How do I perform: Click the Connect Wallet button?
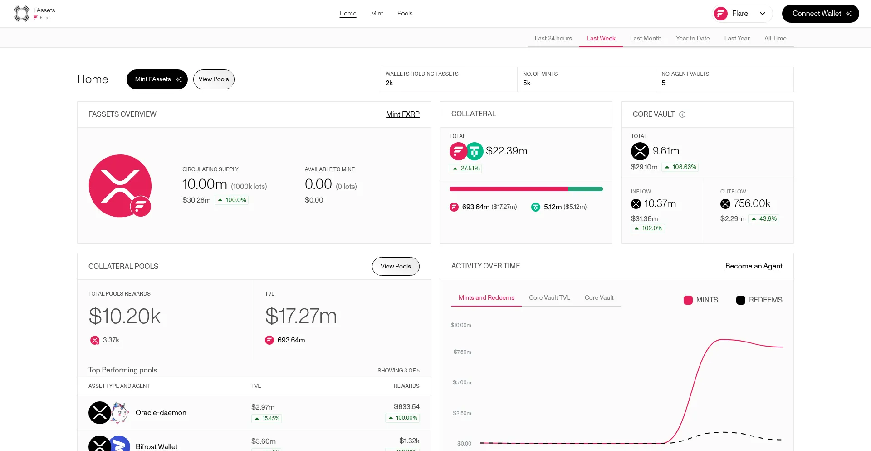[820, 14]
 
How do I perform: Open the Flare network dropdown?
[742, 14]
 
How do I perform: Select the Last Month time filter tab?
[646, 38]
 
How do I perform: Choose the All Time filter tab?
[775, 38]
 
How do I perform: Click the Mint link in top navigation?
[377, 14]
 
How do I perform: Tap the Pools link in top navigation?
[405, 14]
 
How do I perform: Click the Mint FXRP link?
[402, 114]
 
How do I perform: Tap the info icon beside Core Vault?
[682, 114]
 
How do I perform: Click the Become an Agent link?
[754, 266]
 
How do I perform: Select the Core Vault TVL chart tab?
[549, 298]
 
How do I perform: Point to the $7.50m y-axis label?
[462, 352]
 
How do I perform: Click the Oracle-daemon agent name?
[161, 413]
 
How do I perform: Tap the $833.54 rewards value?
[406, 407]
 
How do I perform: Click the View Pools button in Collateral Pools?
[396, 267]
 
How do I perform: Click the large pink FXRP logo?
[120, 186]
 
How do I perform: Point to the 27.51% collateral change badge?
[466, 169]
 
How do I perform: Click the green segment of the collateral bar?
[585, 189]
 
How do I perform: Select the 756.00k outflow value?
[752, 204]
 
